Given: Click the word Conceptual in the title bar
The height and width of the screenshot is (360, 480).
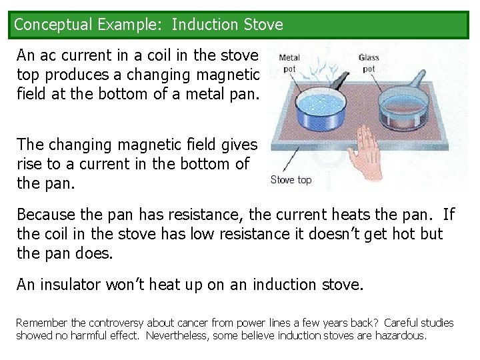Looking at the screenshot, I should point(53,25).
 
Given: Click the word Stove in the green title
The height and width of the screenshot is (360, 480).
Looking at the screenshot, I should point(263,25).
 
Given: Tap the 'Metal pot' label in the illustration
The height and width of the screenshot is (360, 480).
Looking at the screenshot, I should point(289,63).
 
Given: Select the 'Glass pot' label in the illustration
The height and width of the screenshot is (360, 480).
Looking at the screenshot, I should point(369,63).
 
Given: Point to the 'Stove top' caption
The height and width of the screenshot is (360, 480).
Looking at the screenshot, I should point(291,179).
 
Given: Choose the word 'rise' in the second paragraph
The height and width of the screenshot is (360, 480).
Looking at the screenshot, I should point(31,163).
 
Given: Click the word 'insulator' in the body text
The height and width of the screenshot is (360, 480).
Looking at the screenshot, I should point(69,285).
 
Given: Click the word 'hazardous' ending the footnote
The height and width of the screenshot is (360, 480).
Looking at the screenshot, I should point(400,335).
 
